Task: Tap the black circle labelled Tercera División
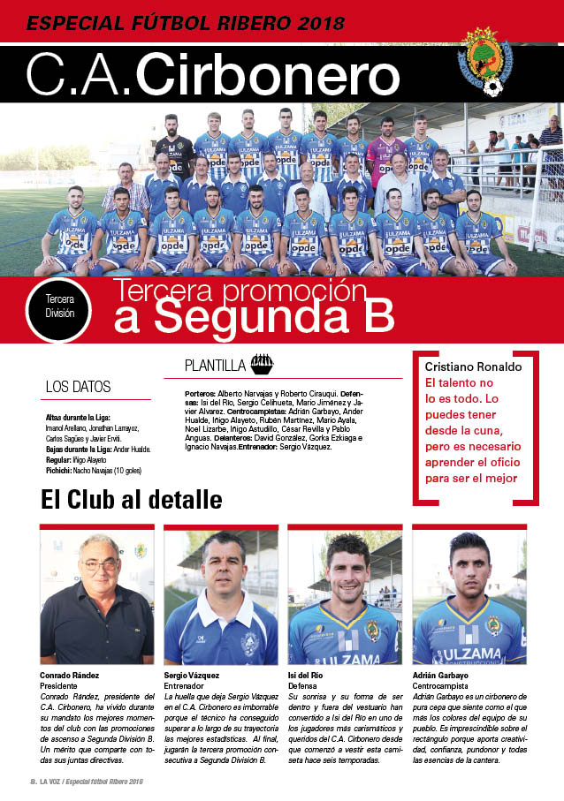[x=59, y=306]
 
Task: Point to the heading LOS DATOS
[x=79, y=387]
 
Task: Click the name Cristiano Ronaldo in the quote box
[x=473, y=366]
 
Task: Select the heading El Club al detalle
[x=131, y=499]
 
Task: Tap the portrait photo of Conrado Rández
[x=96, y=596]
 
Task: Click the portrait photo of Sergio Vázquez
[x=220, y=596]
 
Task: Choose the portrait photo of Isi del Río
[x=344, y=596]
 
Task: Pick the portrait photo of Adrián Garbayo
[x=469, y=596]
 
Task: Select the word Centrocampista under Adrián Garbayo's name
[x=444, y=685]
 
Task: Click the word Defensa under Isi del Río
[x=304, y=685]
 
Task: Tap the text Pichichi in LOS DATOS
[x=60, y=470]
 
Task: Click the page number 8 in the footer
[x=32, y=782]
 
